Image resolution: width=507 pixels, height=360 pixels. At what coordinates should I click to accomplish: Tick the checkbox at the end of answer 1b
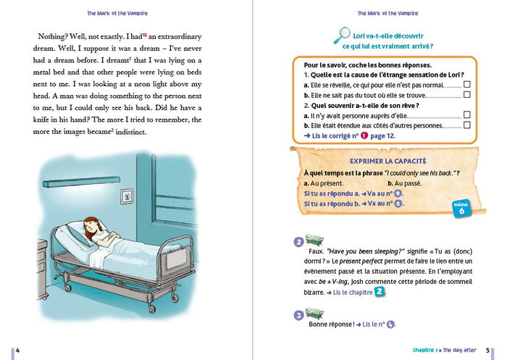pyautogui.click(x=467, y=94)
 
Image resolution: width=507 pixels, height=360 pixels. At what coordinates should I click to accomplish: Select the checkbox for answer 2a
pyautogui.click(x=467, y=114)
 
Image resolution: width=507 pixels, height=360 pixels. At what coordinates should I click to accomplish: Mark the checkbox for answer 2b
pyautogui.click(x=467, y=125)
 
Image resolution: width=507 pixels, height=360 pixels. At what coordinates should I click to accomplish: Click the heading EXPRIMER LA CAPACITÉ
pyautogui.click(x=387, y=160)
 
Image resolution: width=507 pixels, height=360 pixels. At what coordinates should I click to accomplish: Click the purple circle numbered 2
pyautogui.click(x=298, y=242)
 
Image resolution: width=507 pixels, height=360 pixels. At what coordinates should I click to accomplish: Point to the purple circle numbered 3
pyautogui.click(x=298, y=314)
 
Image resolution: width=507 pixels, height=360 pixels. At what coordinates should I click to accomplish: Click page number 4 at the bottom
pyautogui.click(x=17, y=351)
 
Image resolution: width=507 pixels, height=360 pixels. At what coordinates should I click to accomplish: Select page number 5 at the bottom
pyautogui.click(x=488, y=351)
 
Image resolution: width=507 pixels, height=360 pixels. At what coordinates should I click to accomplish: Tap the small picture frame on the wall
pyautogui.click(x=127, y=196)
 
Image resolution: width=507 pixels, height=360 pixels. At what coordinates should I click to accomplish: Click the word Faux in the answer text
pyautogui.click(x=319, y=251)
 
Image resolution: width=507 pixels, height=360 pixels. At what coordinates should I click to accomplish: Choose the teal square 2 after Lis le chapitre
pyautogui.click(x=380, y=291)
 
